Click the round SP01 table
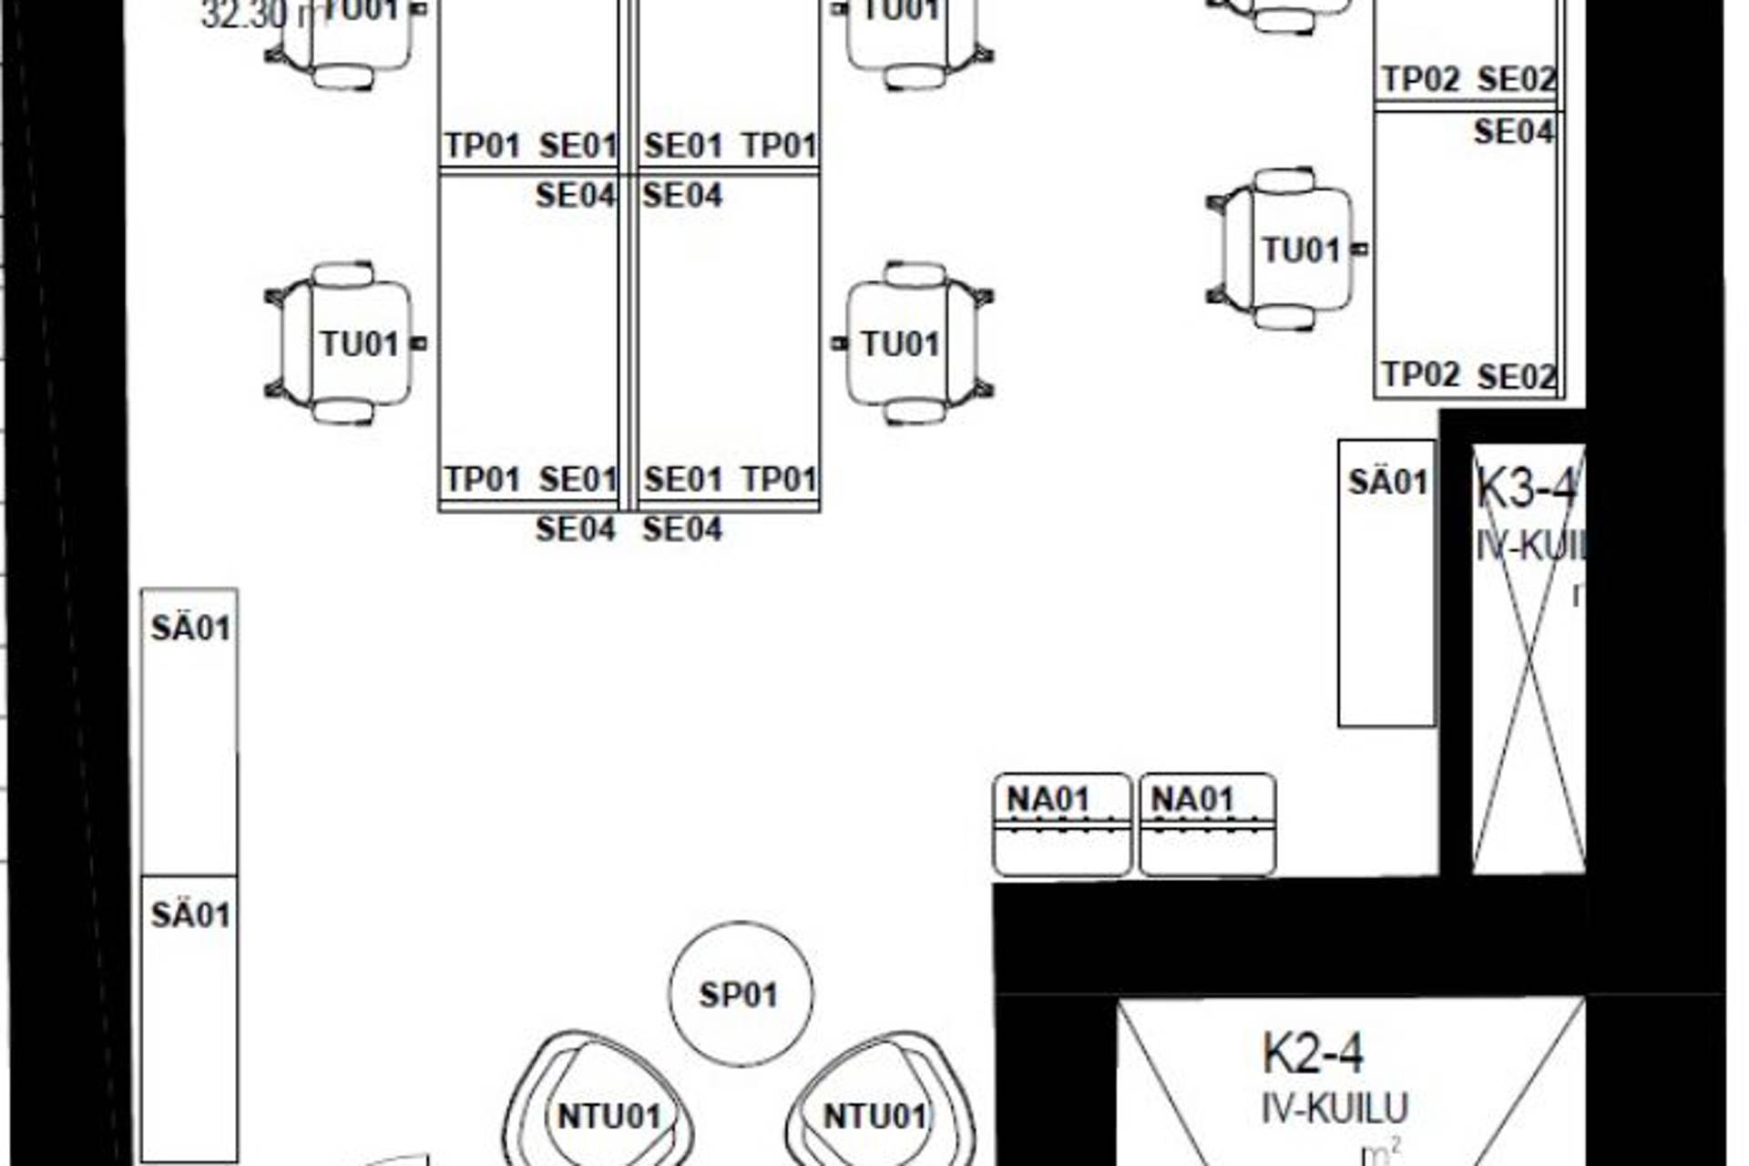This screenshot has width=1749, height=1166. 741,994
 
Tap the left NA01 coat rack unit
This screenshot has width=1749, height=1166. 1062,825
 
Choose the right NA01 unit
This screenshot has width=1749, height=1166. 1207,825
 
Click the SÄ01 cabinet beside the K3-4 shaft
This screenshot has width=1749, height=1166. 1386,583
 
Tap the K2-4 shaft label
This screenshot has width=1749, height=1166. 1313,1054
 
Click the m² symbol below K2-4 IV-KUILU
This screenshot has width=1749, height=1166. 1380,1153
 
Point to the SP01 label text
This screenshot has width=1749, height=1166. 739,995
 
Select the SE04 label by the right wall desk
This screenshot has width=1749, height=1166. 1513,133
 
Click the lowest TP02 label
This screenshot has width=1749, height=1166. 1421,374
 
